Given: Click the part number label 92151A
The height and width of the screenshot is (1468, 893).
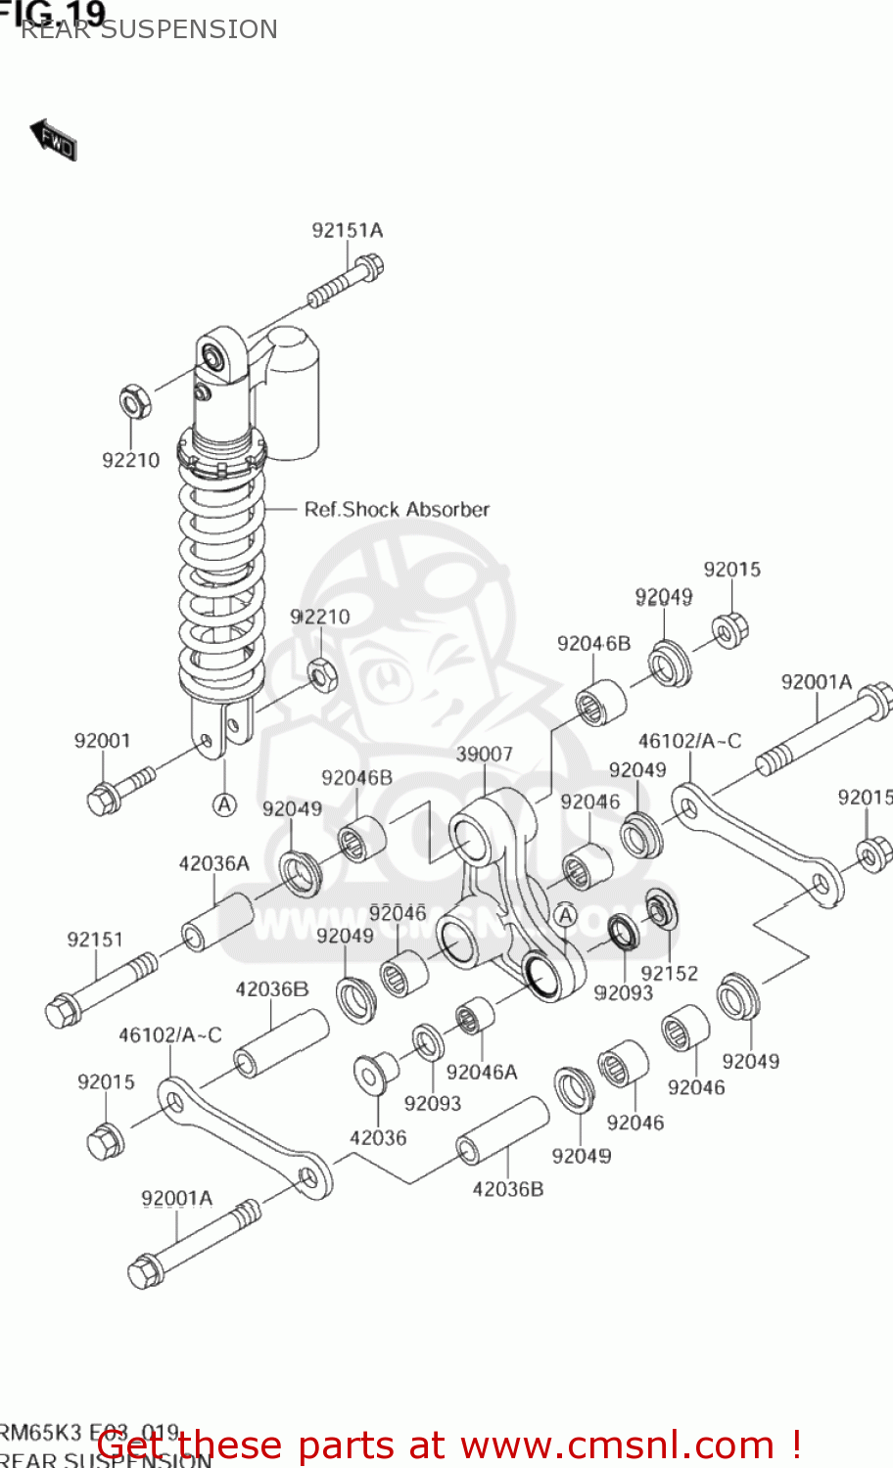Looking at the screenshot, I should pos(347,231).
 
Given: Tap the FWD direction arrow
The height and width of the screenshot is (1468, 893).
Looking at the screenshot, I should pos(53,141).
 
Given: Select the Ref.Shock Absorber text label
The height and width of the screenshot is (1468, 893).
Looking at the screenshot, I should pos(396,510).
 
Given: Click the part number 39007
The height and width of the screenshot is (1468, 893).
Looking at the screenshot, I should pos(484,754).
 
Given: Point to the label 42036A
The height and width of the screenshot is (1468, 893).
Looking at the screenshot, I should pos(213,864).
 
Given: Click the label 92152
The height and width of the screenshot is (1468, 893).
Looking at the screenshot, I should pos(669,973).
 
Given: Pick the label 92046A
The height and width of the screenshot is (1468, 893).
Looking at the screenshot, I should pos(481,1073).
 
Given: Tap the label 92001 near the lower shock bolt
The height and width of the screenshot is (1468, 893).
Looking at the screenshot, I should pos(102,741).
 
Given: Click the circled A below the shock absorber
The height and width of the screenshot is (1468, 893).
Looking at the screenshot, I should pos(225,804).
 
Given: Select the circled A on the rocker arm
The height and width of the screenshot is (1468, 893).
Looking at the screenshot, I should pos(565,915).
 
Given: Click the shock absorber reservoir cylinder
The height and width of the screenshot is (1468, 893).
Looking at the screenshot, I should pos(291,391).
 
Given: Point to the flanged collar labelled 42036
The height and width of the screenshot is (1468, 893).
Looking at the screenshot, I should pos(373,1075).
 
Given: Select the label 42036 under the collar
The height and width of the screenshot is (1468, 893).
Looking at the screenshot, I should pos(377,1137).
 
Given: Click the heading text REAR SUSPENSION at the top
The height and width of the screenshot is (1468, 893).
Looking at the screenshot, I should pos(149,29).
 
